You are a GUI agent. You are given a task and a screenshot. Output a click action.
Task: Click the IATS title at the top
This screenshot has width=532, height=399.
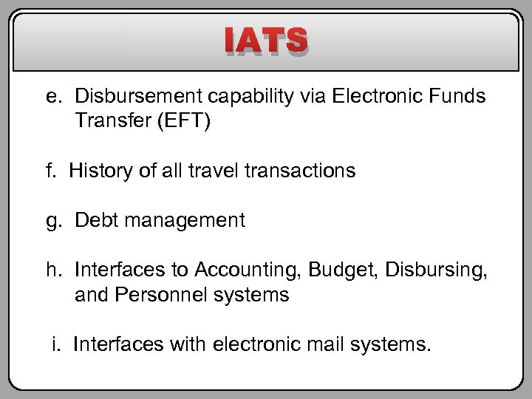(x=266, y=42)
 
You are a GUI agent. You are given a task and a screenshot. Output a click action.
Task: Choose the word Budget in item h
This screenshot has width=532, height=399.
(x=347, y=270)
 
